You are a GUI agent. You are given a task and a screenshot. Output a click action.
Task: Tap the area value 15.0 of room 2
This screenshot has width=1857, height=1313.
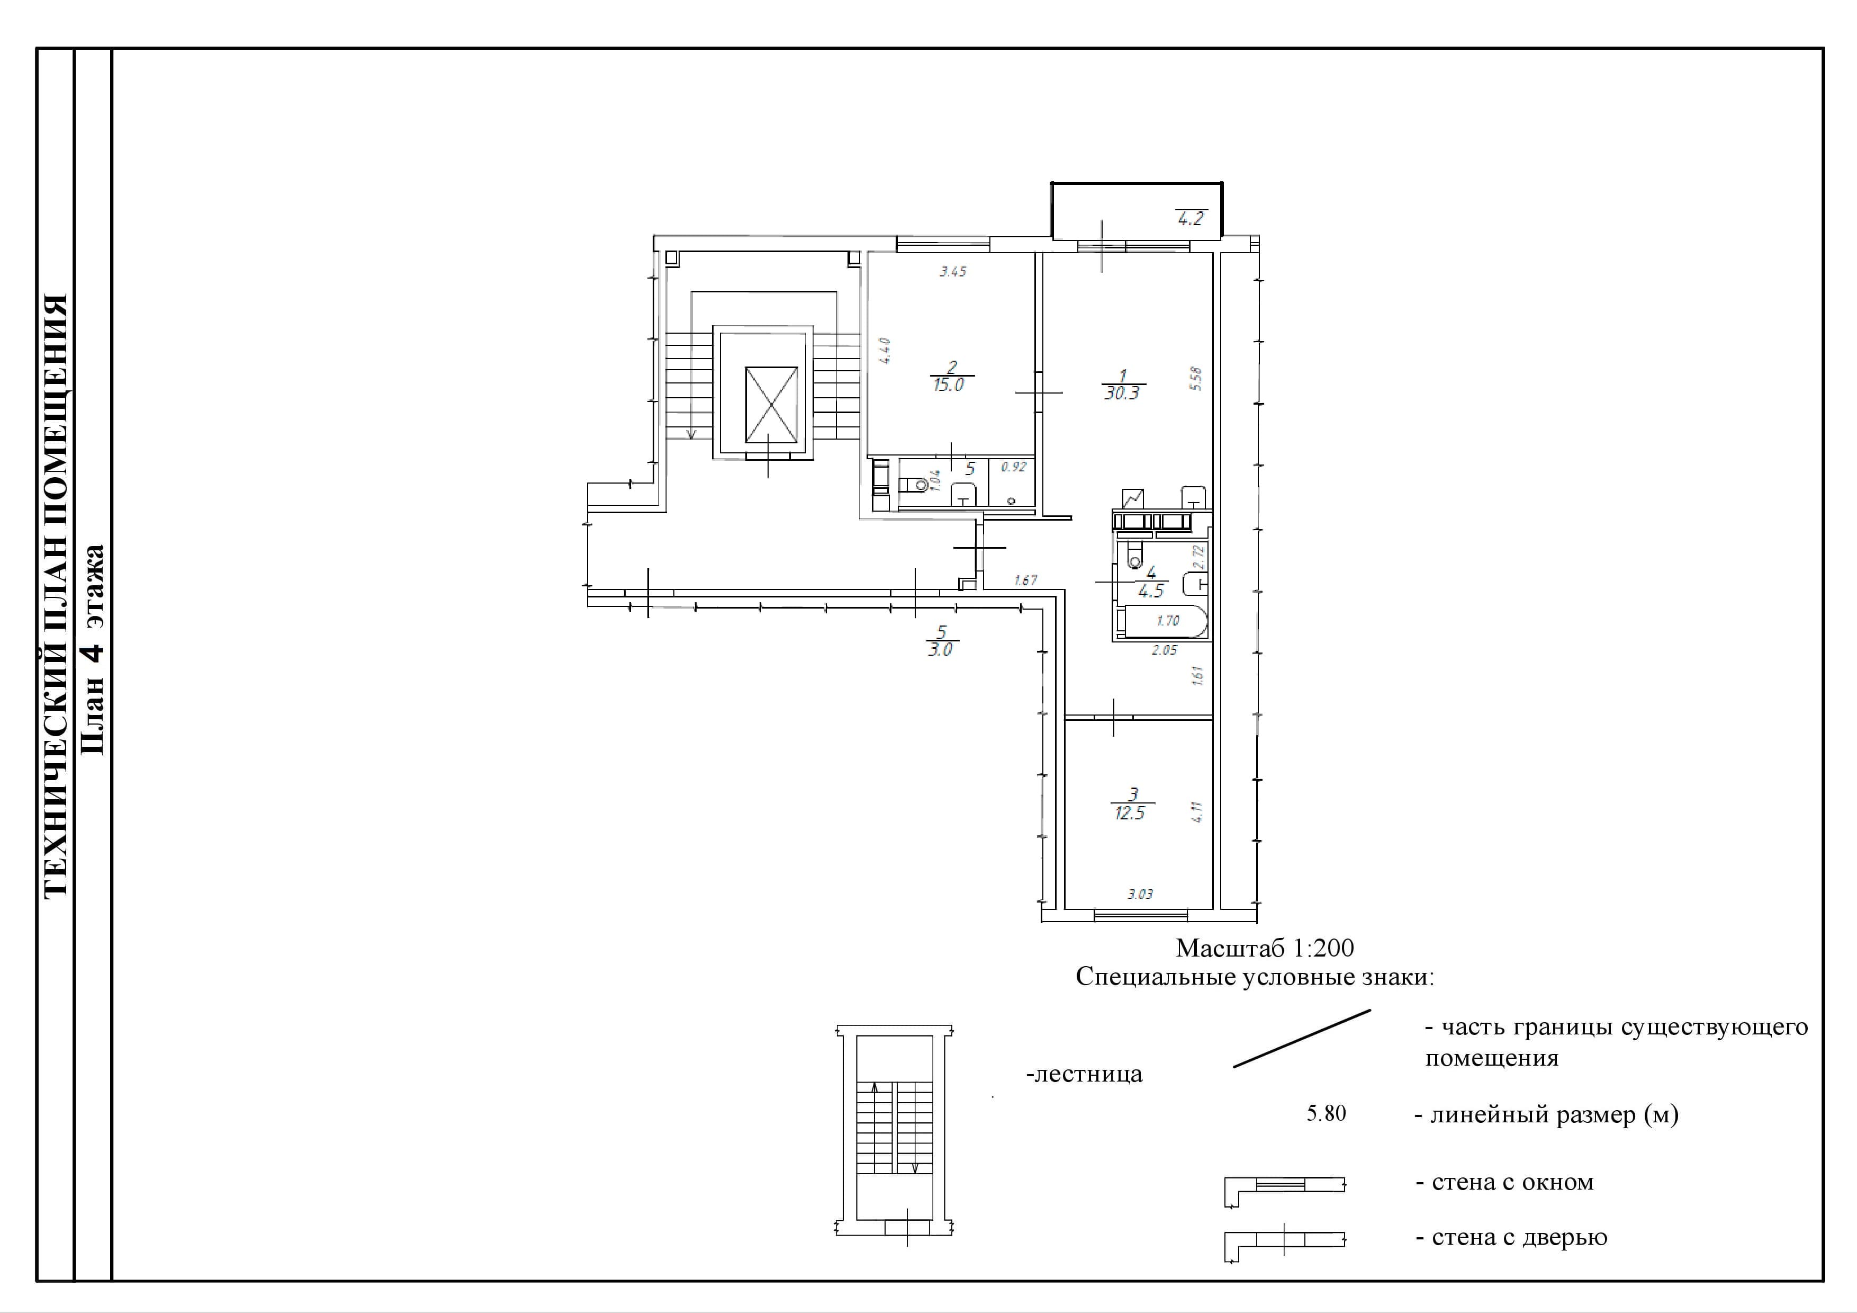point(949,385)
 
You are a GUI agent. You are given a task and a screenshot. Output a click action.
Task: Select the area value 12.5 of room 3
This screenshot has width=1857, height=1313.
point(1130,813)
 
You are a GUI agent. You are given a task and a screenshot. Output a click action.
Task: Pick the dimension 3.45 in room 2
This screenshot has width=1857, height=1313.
point(953,272)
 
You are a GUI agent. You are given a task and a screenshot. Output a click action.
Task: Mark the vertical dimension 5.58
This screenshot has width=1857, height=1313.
point(1196,379)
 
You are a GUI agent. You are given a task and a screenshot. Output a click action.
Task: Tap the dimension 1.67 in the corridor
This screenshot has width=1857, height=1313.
point(1025,580)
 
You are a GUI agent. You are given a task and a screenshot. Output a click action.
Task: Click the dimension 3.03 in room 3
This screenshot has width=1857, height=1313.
point(1140,894)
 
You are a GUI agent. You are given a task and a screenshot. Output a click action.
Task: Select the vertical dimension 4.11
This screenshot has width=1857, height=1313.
point(1197,811)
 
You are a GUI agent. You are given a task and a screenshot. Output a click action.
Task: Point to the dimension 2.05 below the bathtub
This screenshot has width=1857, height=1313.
point(1165,650)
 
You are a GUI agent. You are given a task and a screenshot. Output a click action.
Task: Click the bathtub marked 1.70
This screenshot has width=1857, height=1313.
point(1162,621)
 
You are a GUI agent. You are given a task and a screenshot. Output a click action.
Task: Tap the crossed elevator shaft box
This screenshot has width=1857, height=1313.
point(771,405)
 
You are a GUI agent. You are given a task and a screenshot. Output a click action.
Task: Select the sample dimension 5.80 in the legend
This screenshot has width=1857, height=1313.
point(1327,1113)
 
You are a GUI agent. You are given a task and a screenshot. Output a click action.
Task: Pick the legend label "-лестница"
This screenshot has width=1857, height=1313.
point(1084,1074)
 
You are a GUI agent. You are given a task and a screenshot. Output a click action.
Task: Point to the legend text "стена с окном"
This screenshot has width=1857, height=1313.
point(1512,1182)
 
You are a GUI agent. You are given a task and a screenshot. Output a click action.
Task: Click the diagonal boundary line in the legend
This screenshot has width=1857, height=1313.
point(1302,1039)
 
